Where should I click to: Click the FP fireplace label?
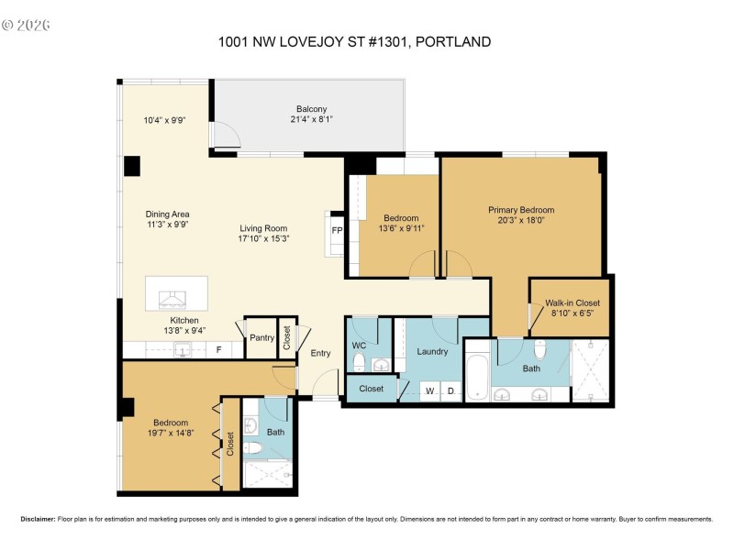coord(337,230)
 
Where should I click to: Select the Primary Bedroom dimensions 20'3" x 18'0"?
coord(521,221)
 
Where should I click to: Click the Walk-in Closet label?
coord(572,302)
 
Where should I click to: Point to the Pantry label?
coord(262,338)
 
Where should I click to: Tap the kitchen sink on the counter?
coord(183,350)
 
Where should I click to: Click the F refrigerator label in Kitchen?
coord(218,350)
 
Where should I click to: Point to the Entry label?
coord(320,353)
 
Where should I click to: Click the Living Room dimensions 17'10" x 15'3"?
coord(264,239)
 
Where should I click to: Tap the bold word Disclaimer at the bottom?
coord(39,519)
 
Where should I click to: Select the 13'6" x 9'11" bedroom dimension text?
coord(403,228)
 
